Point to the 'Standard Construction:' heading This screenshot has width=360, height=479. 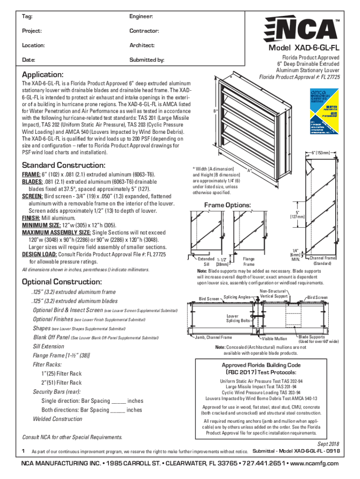tap(64, 166)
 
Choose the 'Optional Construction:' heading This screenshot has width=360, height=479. tap(62, 282)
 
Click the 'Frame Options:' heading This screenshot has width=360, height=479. tap(228, 205)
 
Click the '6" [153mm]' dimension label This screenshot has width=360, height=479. tap(323, 152)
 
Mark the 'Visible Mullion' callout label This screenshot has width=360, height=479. tap(274, 338)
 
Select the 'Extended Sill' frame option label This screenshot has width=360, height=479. tap(205, 261)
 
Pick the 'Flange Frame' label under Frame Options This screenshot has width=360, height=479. tap(248, 261)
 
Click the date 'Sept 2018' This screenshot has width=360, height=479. tap(327, 444)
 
